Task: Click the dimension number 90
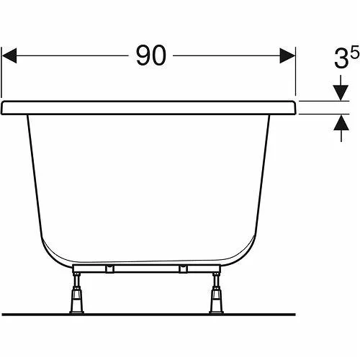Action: coord(151,55)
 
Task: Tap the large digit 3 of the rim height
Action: coord(341,59)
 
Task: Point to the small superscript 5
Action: coord(355,52)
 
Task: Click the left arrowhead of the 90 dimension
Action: coord(9,55)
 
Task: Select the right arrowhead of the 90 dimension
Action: coord(287,55)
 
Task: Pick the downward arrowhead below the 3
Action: coord(341,93)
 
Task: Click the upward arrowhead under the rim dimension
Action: coord(341,122)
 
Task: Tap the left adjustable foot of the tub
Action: coord(77,293)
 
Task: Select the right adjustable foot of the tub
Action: coord(216,293)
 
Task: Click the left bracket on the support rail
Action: coord(109,269)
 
